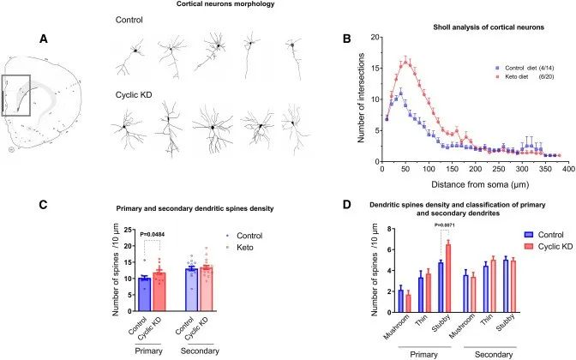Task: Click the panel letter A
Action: [44, 39]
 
